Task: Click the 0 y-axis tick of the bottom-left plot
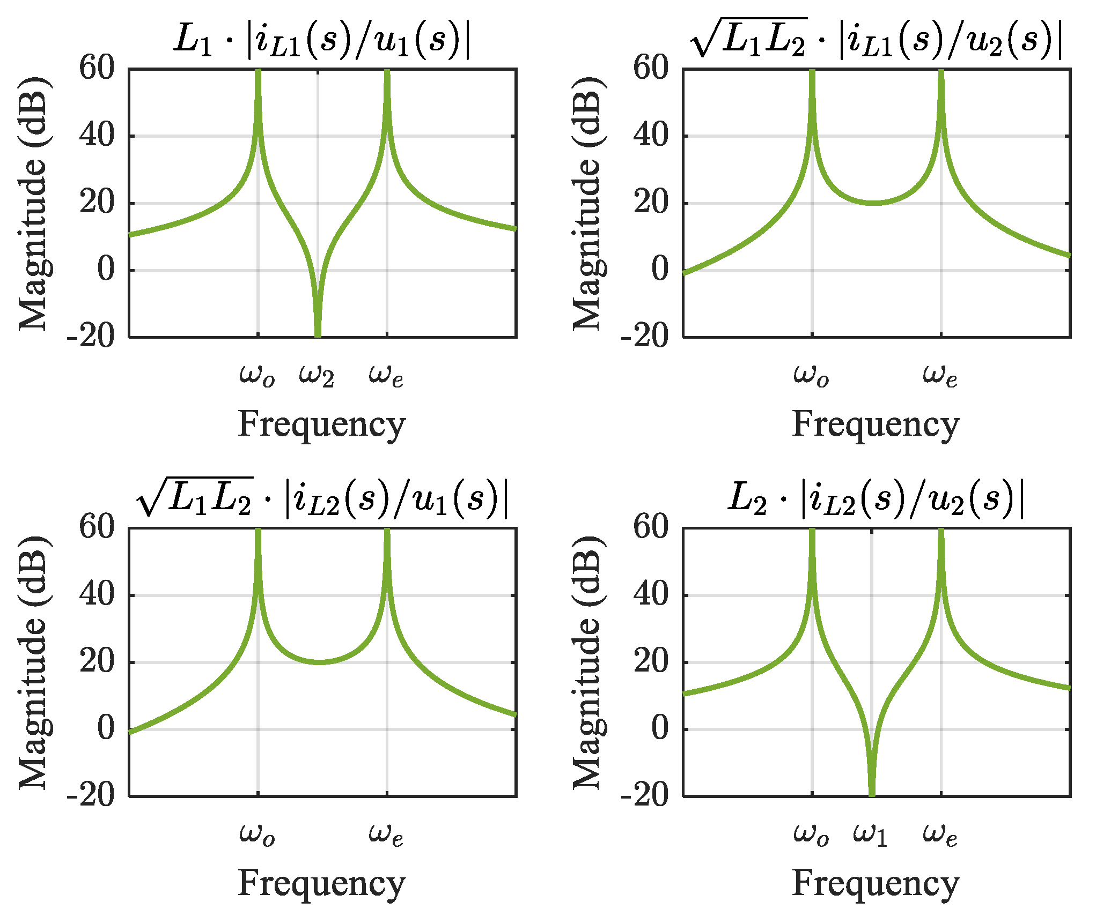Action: tap(106, 728)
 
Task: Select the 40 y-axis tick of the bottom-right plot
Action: tap(651, 594)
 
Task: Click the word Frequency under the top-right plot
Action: tap(876, 424)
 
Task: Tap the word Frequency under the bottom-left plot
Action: tap(321, 883)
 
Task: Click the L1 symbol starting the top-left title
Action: tap(194, 41)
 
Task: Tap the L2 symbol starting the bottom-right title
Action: tap(747, 499)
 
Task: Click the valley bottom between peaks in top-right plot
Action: tap(874, 203)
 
